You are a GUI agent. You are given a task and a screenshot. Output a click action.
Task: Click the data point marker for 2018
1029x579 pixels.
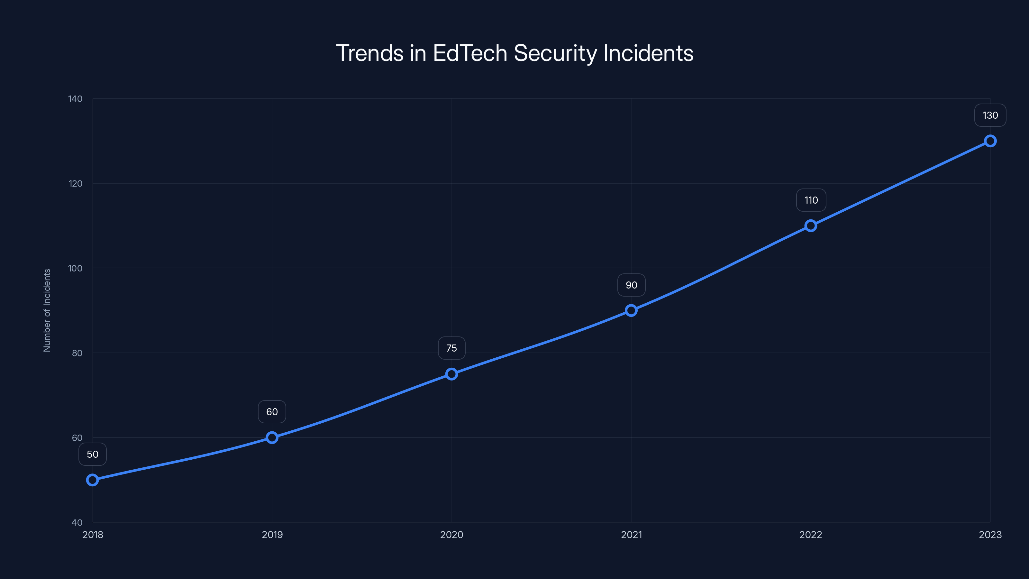point(92,480)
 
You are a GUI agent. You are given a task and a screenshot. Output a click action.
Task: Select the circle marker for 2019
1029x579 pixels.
point(272,437)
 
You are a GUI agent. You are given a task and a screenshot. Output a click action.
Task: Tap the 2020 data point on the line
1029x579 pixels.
point(451,374)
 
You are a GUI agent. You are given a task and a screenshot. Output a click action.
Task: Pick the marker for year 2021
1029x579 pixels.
point(631,310)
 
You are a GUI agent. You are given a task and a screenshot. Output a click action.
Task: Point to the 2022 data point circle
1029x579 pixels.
point(810,226)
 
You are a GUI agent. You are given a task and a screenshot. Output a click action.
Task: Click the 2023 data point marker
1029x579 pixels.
point(990,141)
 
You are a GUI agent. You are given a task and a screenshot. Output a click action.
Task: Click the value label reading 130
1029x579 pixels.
point(990,115)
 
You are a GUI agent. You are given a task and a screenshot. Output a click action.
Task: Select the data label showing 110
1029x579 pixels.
point(811,200)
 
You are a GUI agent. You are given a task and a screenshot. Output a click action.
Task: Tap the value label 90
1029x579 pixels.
point(631,285)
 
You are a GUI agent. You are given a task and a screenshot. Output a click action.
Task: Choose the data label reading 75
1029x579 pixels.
point(451,348)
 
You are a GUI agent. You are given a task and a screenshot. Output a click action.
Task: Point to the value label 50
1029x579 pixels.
point(92,454)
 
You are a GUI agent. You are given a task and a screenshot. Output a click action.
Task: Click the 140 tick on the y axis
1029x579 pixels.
point(75,99)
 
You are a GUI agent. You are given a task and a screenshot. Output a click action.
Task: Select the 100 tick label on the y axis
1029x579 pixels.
point(75,268)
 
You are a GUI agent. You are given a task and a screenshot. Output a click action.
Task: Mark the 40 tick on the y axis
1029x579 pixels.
point(77,522)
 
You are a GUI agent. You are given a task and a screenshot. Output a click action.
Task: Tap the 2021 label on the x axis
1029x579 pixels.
point(631,535)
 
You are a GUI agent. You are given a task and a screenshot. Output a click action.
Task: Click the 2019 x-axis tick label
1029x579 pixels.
point(272,535)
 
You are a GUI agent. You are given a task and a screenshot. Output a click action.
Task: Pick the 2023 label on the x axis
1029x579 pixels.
point(990,535)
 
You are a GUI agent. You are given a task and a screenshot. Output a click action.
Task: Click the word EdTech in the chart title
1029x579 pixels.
point(470,53)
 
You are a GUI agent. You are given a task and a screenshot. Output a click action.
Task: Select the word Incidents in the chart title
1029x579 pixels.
point(648,53)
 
